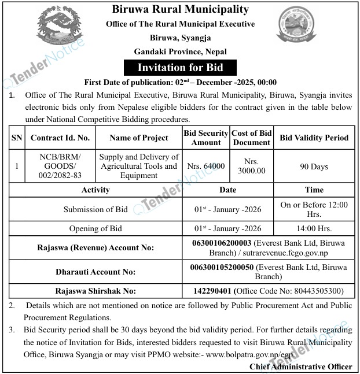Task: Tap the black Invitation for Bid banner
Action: pos(179,68)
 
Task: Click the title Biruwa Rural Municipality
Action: pos(179,9)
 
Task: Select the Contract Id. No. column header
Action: pos(60,138)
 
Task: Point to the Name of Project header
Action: pos(139,138)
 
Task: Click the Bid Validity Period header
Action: pos(314,138)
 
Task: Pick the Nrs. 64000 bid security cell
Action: pos(206,166)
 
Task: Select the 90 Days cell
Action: pos(314,166)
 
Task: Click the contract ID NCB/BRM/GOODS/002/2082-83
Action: pos(60,166)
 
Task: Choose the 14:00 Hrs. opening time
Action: pos(314,228)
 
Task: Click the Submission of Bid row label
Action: pos(95,209)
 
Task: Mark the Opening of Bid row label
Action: pos(95,228)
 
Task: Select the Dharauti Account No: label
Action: pos(95,271)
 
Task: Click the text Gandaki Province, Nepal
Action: pos(179,52)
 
